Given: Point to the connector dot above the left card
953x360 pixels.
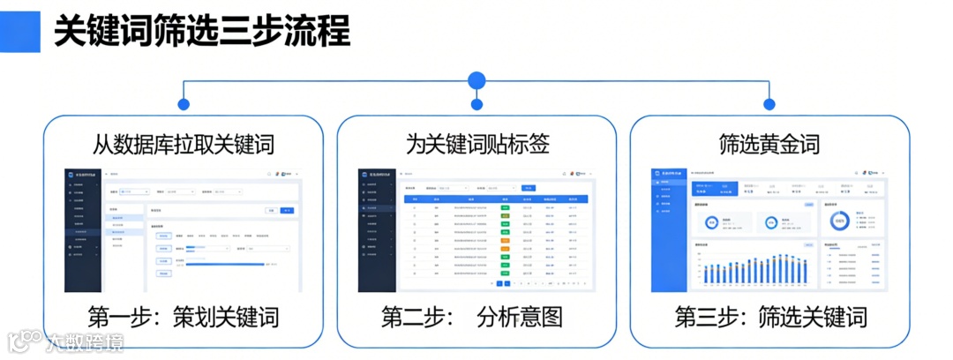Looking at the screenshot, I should pyautogui.click(x=184, y=104).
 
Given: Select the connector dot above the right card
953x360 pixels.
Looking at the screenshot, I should pyautogui.click(x=769, y=104).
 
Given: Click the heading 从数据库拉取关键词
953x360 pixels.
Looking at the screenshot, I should pyautogui.click(x=184, y=143).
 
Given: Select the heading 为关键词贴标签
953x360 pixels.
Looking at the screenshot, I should pyautogui.click(x=476, y=143).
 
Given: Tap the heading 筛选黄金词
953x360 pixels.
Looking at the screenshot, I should pyautogui.click(x=769, y=143).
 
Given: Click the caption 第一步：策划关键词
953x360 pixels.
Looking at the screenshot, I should pyautogui.click(x=184, y=317).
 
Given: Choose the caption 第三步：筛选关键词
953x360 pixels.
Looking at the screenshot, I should pyautogui.click(x=769, y=317).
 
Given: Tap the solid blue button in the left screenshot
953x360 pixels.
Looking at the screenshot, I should pyautogui.click(x=286, y=210).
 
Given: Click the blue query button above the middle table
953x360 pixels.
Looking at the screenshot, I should pyautogui.click(x=528, y=188).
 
